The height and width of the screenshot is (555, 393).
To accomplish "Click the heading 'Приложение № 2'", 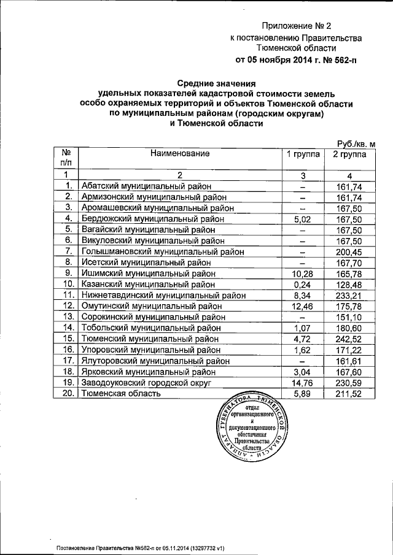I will [x=296, y=26].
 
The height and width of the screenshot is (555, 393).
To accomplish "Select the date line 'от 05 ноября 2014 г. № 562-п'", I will [x=296, y=60].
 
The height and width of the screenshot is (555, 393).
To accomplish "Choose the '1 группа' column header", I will [x=303, y=155].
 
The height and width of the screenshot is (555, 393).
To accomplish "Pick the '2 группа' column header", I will [x=350, y=155].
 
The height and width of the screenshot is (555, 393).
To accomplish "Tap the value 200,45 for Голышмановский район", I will [x=350, y=251].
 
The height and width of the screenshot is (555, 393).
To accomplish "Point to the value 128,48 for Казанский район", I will [x=350, y=285].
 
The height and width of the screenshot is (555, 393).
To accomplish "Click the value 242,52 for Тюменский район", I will [x=350, y=339].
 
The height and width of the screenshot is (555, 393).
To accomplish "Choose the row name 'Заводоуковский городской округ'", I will [x=146, y=382].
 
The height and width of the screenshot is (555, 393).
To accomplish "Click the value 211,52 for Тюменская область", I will [x=350, y=393].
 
